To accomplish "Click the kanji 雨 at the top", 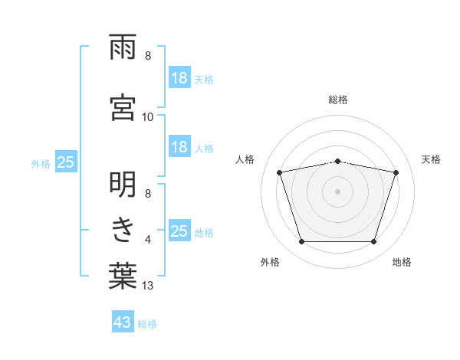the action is (123, 47).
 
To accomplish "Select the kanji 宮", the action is (123, 107).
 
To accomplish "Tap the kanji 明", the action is (123, 185).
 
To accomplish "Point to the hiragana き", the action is (123, 231).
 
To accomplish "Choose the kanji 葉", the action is (123, 276).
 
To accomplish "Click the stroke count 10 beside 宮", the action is (147, 117).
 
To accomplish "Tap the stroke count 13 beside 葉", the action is (147, 286).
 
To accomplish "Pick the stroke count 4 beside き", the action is (148, 240).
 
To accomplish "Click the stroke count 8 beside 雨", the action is (148, 56).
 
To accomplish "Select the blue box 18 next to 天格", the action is (179, 77).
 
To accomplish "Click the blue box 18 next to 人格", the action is (179, 146).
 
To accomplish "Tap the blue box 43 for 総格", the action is (123, 321).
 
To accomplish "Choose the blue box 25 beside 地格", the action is (179, 230).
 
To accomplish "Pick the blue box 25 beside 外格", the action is (66, 162).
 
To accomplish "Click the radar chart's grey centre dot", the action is (337, 191).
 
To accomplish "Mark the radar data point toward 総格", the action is (337, 162).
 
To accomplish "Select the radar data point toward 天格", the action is (396, 172).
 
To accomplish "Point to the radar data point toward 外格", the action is (301, 241).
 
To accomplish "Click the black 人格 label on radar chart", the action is (245, 160).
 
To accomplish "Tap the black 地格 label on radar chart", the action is (402, 262).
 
